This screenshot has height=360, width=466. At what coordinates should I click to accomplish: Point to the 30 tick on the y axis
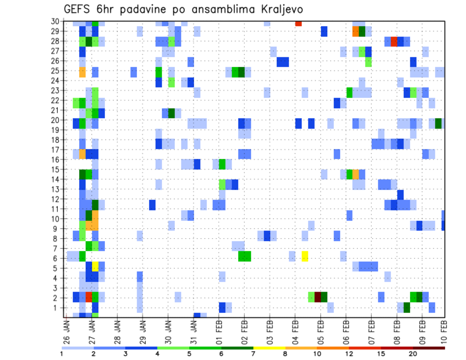coord(56,21)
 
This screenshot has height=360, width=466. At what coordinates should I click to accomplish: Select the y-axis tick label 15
coord(56,169)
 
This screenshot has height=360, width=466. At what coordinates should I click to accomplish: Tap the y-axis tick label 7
coord(57,248)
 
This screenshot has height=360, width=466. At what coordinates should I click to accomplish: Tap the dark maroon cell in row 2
coord(317,296)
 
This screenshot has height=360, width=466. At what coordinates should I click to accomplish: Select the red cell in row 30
coord(298,23)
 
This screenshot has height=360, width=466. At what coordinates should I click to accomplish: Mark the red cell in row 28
coord(394,41)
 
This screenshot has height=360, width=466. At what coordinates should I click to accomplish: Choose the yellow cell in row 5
coord(95,266)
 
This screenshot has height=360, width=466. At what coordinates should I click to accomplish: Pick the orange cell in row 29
coord(355,32)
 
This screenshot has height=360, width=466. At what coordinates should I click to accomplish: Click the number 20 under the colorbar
coord(413,354)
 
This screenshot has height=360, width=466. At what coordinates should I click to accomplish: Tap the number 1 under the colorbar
coord(62,354)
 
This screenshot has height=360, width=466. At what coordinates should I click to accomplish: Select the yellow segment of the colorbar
coord(269,348)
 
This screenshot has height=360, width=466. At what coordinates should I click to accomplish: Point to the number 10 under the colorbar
coord(317,354)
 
